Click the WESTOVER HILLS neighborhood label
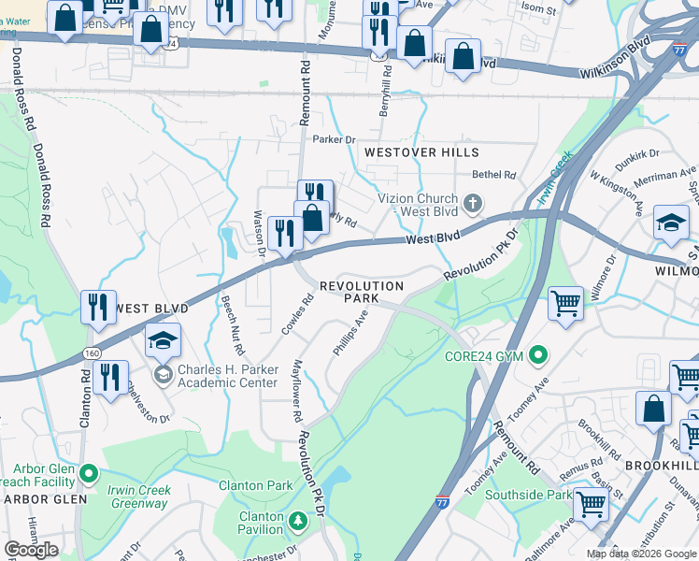pos(421,152)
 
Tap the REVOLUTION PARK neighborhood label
pos(362,292)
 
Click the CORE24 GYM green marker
pos(537,355)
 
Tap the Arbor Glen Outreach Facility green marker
pos(88,474)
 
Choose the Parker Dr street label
pos(335,140)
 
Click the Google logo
pos(32,549)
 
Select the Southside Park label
pos(532,495)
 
